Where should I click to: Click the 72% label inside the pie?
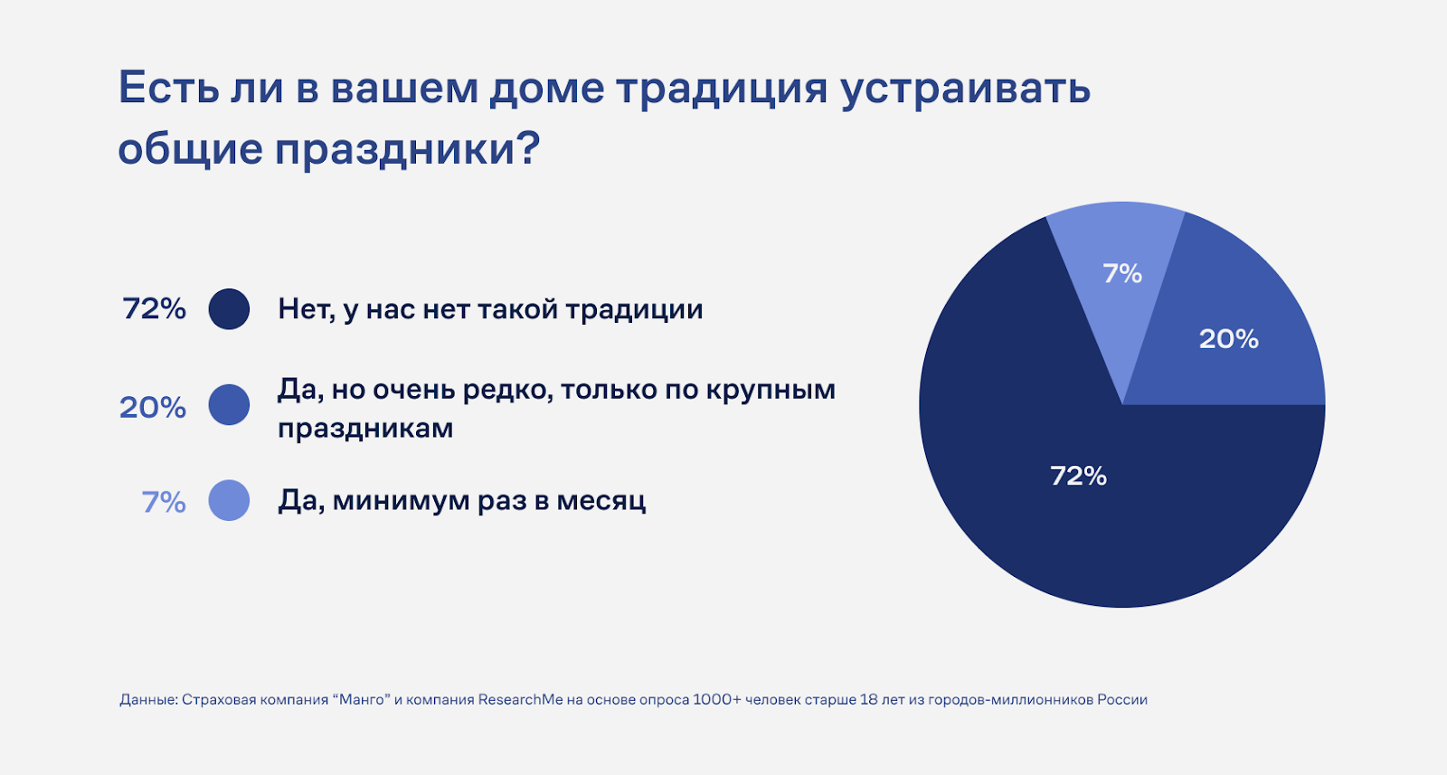click(x=1078, y=476)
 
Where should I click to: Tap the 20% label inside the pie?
click(x=1229, y=339)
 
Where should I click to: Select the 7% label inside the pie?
click(x=1122, y=273)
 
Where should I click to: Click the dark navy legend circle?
click(x=229, y=308)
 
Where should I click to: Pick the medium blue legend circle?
click(x=229, y=405)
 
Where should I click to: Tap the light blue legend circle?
click(x=229, y=500)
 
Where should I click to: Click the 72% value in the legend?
click(x=155, y=308)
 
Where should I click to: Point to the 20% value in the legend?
click(x=153, y=408)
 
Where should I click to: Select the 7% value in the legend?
click(x=164, y=502)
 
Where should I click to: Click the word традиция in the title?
click(x=722, y=89)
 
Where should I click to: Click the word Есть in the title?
click(x=168, y=87)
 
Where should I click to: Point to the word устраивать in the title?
click(x=966, y=90)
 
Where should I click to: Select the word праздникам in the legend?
click(x=365, y=428)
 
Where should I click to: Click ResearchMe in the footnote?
click(x=521, y=699)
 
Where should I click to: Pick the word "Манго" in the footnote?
click(x=362, y=699)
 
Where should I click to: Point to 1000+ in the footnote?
click(x=716, y=699)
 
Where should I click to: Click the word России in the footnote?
click(x=1122, y=699)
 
